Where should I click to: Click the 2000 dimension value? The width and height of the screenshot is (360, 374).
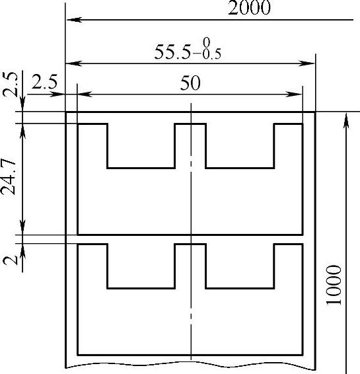coord(249,8)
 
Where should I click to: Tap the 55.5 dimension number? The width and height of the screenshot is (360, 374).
coord(172,52)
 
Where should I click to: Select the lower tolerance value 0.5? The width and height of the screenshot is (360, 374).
coord(212,54)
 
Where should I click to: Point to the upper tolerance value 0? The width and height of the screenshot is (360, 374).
coord(207,42)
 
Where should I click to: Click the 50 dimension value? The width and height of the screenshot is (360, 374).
coord(190,83)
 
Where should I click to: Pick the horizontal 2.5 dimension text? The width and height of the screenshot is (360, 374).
coord(44,82)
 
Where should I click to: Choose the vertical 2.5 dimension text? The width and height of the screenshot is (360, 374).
coord(10,84)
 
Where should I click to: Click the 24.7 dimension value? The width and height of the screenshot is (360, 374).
coord(8,177)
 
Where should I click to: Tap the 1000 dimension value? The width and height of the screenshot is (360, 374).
coord(334,285)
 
